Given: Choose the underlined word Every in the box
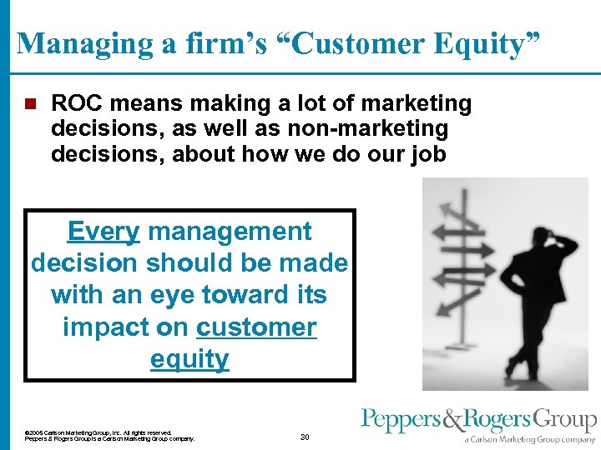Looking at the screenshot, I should pos(103,231).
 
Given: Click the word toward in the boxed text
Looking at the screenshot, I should pos(230,295).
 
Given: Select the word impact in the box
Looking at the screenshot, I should pos(104,327).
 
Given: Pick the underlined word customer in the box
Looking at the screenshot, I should pos(256,327).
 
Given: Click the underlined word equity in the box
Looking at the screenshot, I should pos(189,359).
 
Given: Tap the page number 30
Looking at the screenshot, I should pos(305,437).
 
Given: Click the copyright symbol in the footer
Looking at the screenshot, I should pos(28,432).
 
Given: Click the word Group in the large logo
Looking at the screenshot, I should pos(563,421).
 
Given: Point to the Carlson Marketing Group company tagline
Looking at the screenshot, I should pos(531,439).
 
